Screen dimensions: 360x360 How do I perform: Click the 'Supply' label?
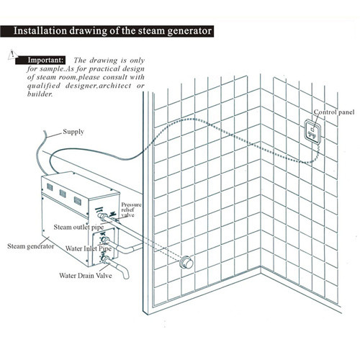click(73, 132)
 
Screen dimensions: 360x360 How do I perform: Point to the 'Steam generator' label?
click(30, 246)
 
